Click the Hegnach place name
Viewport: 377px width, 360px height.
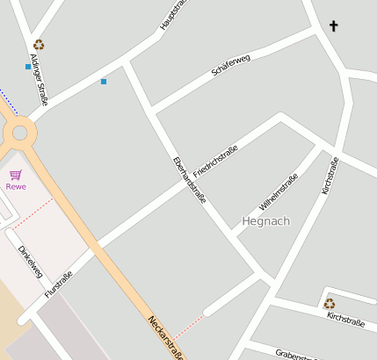pos(265,220)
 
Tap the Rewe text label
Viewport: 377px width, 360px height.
pos(16,186)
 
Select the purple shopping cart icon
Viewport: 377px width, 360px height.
pos(16,175)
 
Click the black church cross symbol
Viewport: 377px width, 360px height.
pos(333,26)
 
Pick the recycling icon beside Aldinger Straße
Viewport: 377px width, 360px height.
pos(39,45)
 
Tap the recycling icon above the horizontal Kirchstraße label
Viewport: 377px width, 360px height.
pos(329,304)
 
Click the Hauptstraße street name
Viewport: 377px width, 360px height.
pos(174,16)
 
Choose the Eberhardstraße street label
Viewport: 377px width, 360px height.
pos(190,179)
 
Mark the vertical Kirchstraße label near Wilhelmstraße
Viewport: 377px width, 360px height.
pos(330,176)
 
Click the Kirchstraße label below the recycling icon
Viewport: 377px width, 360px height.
pos(345,319)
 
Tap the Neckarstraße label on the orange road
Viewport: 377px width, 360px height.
pos(167,338)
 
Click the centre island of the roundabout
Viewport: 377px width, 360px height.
pos(21,133)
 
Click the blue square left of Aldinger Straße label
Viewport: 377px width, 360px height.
pos(28,67)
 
